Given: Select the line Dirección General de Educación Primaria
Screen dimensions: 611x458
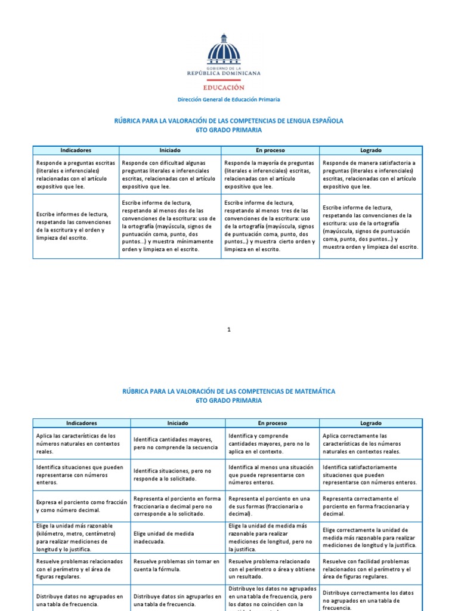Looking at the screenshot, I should (x=229, y=100).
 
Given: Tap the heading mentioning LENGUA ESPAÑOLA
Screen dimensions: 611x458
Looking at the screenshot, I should (x=228, y=121).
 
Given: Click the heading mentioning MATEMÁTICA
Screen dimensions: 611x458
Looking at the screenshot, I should (x=228, y=391).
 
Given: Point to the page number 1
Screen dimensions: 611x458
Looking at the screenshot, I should (x=228, y=329).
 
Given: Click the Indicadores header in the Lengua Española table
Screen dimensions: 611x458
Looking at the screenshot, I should (x=75, y=150).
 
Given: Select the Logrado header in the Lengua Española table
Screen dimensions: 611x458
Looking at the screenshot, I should (x=370, y=150).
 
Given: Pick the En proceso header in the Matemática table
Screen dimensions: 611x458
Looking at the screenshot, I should (x=272, y=423).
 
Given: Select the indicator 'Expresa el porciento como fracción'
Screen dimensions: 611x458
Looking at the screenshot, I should (x=81, y=506).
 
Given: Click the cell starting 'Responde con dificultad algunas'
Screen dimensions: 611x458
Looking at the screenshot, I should (x=170, y=174).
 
